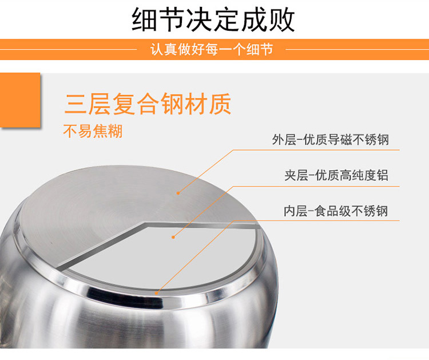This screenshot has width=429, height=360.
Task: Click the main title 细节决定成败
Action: [x=213, y=19]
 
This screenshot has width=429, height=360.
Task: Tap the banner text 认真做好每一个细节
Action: [x=212, y=50]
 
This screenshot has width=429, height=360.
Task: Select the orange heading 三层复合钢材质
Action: [x=148, y=104]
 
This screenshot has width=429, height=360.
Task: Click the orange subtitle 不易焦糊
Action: [x=93, y=131]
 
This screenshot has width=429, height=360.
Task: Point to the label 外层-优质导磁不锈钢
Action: [x=330, y=140]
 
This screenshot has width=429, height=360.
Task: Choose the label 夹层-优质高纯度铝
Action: [x=336, y=175]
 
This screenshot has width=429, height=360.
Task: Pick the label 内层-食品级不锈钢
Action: [x=336, y=211]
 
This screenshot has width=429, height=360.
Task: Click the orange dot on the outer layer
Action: [x=178, y=193]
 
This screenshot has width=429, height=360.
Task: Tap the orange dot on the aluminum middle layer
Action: [x=173, y=237]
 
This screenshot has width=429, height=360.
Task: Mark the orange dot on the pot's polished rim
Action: [x=157, y=293]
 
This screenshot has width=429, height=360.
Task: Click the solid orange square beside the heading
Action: [x=20, y=100]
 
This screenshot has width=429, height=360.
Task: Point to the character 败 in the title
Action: [x=282, y=19]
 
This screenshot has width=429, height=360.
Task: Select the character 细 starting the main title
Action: [x=145, y=19]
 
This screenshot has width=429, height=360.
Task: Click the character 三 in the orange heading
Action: [x=76, y=104]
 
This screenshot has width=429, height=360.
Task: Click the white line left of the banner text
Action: [x=69, y=50]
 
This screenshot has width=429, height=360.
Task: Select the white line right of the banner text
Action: [x=357, y=50]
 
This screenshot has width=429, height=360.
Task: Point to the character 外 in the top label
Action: [x=278, y=140]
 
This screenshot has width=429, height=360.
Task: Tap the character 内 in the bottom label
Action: [x=289, y=211]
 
